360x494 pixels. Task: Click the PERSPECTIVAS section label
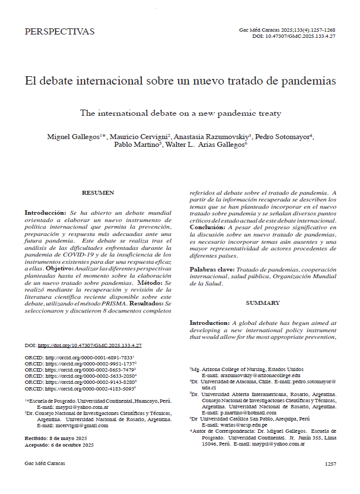coord(60,32)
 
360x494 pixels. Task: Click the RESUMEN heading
coord(98,192)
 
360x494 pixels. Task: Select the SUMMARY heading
coord(263,303)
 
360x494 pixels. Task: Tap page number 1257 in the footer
coord(330,463)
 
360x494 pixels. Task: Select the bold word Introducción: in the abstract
coord(46,213)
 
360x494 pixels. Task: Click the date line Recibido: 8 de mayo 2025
coord(56,438)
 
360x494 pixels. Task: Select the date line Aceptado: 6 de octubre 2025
coord(59,444)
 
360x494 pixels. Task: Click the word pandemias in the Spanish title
coord(307,81)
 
